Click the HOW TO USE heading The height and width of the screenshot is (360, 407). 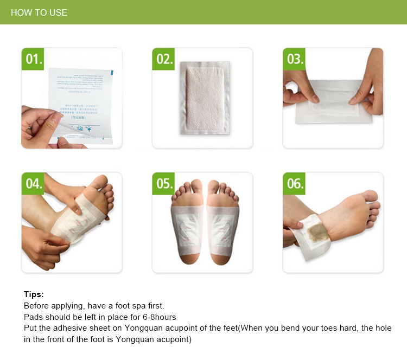point(39,12)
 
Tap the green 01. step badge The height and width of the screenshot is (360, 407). point(33,59)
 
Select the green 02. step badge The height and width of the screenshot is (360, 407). point(164,59)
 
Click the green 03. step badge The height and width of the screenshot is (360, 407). point(295,59)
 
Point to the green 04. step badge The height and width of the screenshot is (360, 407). point(33,184)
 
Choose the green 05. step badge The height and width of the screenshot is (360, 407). point(164,184)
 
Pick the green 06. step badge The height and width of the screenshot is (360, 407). point(295,184)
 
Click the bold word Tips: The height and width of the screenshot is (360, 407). point(34,294)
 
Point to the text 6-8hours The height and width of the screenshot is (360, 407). point(158,317)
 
